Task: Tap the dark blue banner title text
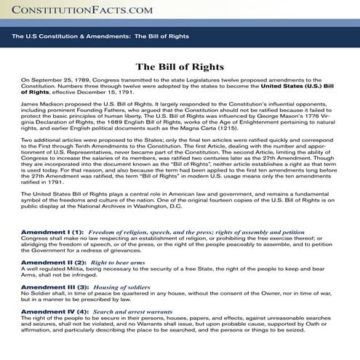pyautogui.click(x=90, y=36)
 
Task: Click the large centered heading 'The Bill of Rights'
pyautogui.click(x=180, y=67)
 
